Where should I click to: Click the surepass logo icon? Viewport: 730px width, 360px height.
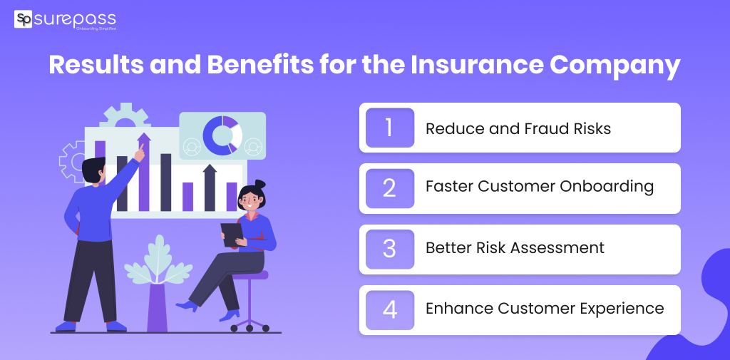24,19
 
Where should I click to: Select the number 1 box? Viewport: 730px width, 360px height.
390,128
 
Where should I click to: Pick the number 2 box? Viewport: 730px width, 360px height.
390,189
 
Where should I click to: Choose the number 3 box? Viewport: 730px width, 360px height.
390,250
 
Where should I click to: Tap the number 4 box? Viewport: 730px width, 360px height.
390,310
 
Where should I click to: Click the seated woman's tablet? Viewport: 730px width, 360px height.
232,235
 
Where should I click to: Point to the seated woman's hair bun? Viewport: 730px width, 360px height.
259,185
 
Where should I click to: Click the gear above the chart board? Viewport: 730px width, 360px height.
125,116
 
